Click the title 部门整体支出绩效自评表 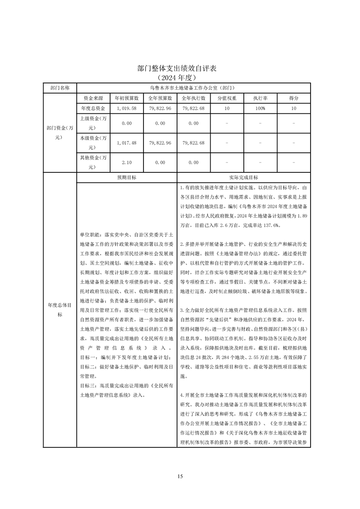(180, 69)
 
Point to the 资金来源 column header (93, 98)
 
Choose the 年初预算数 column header (126, 98)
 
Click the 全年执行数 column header (193, 98)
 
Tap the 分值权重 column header (227, 98)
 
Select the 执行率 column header (260, 98)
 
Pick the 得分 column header (294, 98)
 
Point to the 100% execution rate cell (260, 108)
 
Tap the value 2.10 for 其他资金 (126, 162)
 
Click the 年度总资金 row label (93, 108)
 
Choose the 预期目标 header (127, 177)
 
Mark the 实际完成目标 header (244, 177)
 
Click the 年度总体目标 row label (60, 310)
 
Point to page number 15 (180, 476)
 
